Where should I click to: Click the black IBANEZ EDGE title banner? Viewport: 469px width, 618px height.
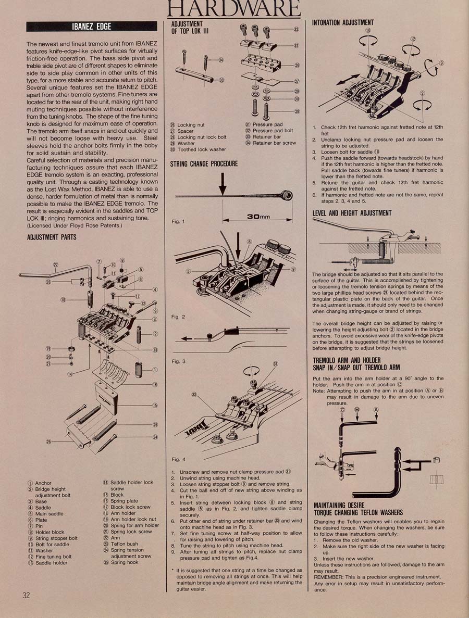(x=92, y=27)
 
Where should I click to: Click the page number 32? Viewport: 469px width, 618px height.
(x=26, y=595)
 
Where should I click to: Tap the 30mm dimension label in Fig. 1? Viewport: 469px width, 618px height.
(x=258, y=217)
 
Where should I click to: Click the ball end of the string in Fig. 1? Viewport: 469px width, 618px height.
(x=288, y=195)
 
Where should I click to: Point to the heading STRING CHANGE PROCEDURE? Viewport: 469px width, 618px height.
(x=204, y=163)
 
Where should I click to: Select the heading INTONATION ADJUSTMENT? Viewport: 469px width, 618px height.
(x=343, y=22)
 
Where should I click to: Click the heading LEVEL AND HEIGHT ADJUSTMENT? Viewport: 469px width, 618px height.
(x=352, y=213)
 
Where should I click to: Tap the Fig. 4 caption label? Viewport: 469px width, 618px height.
(x=178, y=459)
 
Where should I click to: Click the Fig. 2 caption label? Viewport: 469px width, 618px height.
(x=178, y=317)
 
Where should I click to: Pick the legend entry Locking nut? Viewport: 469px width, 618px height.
(x=188, y=125)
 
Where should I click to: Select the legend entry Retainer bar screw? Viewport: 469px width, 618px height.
(x=270, y=143)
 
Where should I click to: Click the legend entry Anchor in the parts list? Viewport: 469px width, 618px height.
(x=40, y=483)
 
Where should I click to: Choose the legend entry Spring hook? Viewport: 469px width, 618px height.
(x=121, y=562)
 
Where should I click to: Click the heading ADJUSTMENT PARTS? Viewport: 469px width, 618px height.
(x=52, y=237)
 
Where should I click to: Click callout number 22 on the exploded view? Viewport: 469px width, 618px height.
(x=56, y=264)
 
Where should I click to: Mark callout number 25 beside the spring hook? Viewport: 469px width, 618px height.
(x=48, y=442)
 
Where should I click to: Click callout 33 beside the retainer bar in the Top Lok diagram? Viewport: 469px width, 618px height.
(x=221, y=80)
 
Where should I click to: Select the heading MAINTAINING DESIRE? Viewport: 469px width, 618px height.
(x=339, y=505)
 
